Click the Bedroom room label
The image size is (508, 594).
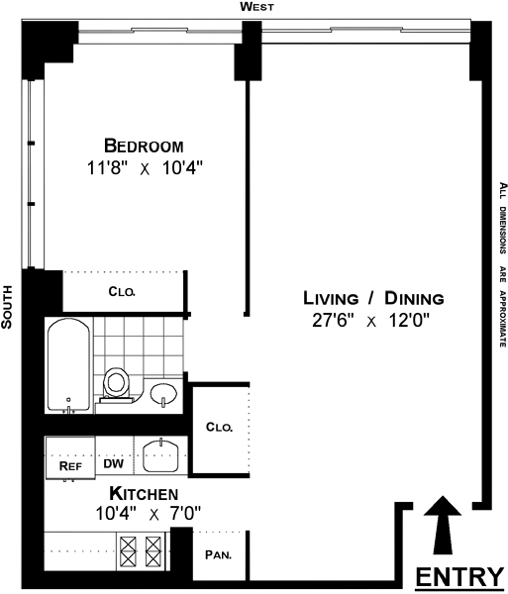(x=144, y=146)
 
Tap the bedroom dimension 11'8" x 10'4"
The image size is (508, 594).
(x=146, y=168)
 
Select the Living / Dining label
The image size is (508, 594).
(x=373, y=298)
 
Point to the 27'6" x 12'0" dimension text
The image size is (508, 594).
(x=371, y=321)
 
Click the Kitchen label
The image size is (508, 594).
(x=144, y=494)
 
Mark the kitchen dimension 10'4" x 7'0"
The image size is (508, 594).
(x=148, y=514)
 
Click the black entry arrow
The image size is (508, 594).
(x=442, y=525)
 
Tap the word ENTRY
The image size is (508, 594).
(x=459, y=576)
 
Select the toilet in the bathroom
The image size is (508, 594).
(x=115, y=384)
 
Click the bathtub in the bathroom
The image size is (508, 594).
(x=68, y=365)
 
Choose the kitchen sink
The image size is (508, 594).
(x=161, y=455)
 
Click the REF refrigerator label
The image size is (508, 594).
(x=70, y=465)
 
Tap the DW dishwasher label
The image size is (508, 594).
(x=114, y=463)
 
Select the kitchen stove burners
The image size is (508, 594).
(x=141, y=551)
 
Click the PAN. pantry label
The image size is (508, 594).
(x=218, y=555)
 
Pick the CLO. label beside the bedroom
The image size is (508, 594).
(x=122, y=291)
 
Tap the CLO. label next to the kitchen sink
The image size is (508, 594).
(x=219, y=427)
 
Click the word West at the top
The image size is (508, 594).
(x=256, y=7)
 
